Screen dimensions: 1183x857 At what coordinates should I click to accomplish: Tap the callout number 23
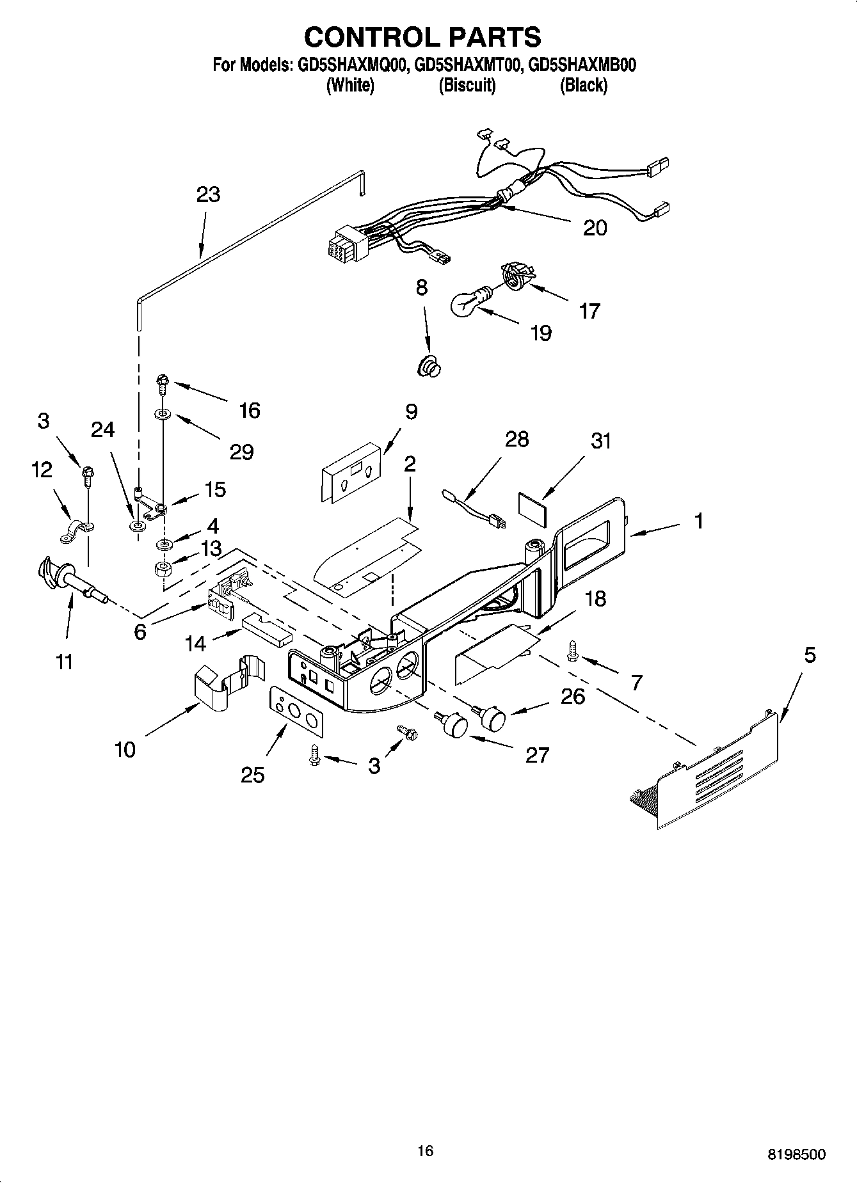pos(208,195)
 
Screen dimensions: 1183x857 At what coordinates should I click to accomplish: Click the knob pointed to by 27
pos(454,725)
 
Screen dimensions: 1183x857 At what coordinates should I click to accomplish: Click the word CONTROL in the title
pos(368,37)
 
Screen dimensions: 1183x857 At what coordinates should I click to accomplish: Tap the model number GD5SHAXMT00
pos(465,65)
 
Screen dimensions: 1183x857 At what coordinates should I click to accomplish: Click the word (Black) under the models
pos(583,85)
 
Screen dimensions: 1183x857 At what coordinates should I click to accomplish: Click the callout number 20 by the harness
pos(595,228)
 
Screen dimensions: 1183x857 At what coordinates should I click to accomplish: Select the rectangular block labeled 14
pos(268,630)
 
